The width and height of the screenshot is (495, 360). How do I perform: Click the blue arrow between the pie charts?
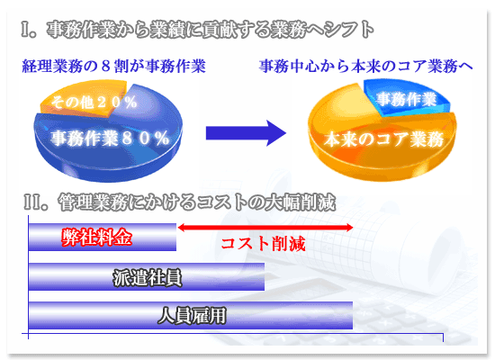[x=246, y=133]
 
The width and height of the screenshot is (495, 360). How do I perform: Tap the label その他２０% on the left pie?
[x=94, y=102]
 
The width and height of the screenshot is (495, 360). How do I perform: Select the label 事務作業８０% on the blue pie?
[x=110, y=139]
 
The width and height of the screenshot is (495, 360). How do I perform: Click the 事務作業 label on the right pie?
[x=407, y=99]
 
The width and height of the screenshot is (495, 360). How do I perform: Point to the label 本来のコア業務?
[x=384, y=139]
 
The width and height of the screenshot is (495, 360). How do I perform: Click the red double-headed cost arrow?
[x=265, y=228]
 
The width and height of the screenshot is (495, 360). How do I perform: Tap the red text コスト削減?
[x=263, y=244]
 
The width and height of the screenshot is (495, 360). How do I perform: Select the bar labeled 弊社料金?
[x=103, y=238]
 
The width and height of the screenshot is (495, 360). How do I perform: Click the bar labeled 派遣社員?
[x=147, y=277]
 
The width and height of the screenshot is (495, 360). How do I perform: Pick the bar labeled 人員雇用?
[x=191, y=316]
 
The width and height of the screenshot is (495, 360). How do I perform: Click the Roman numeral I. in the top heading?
[x=29, y=30]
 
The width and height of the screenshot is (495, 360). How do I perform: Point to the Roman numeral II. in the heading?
[x=35, y=202]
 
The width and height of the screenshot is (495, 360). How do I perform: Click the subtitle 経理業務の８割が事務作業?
[x=114, y=67]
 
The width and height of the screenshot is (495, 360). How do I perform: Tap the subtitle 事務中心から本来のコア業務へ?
[x=366, y=67]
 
